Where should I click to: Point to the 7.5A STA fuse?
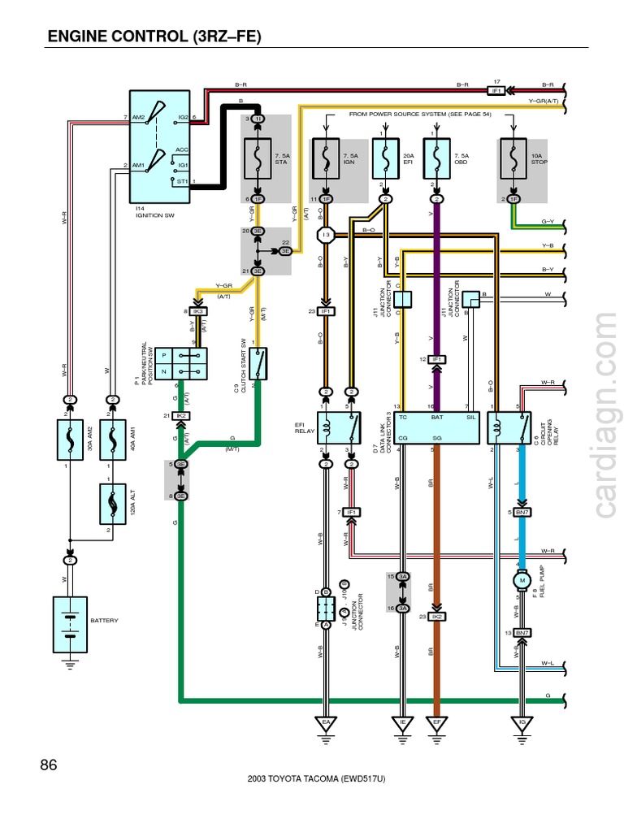pyautogui.click(x=258, y=158)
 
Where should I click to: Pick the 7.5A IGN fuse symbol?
pyautogui.click(x=326, y=158)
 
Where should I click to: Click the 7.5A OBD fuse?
pyautogui.click(x=437, y=158)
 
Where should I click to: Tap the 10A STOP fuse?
pyautogui.click(x=513, y=158)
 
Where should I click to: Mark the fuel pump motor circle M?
pyautogui.click(x=522, y=580)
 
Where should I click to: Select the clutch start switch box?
pyautogui.click(x=258, y=363)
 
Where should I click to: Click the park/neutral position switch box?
pyautogui.click(x=184, y=363)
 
